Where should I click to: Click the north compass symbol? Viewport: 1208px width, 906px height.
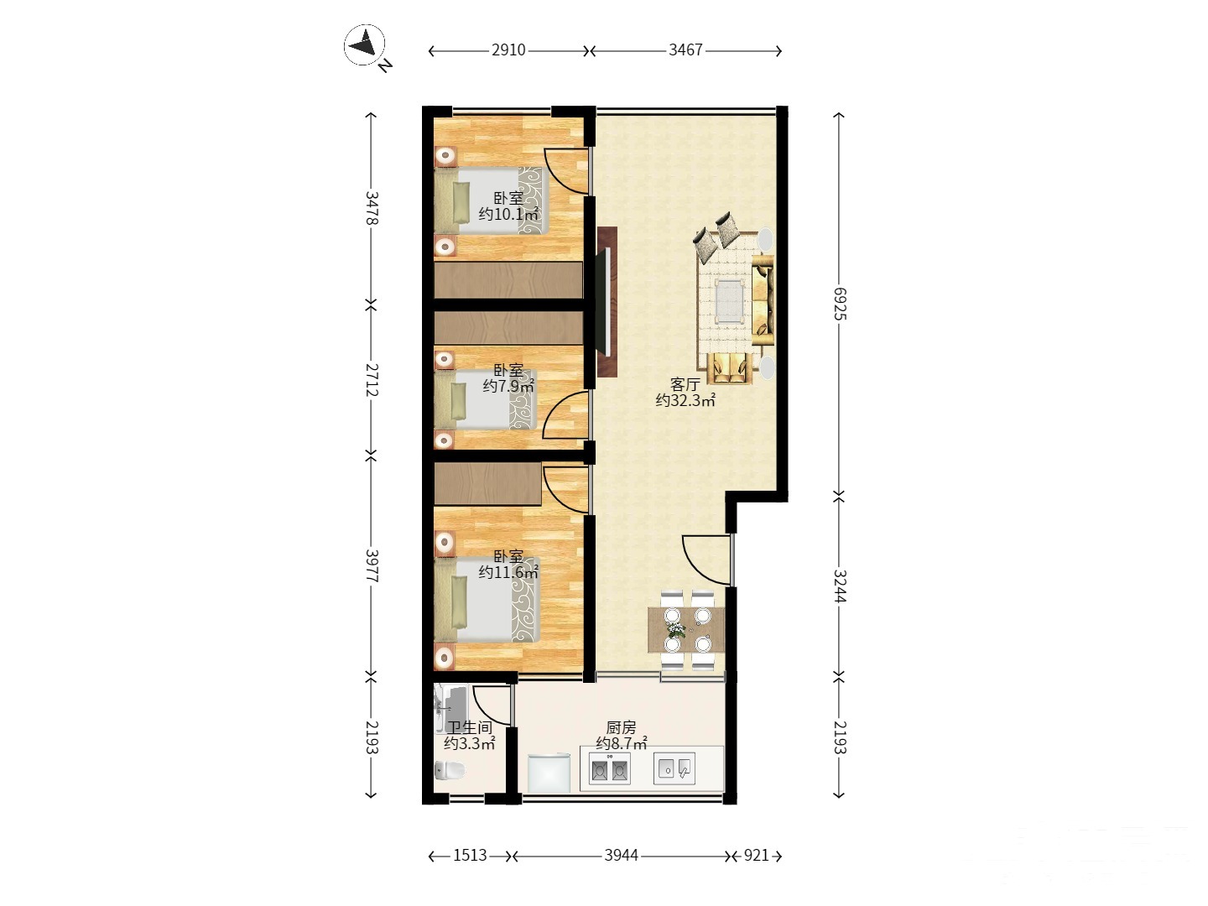coord(364,45)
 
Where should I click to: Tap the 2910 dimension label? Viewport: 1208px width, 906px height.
coord(508,50)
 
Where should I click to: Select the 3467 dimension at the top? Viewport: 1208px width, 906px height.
coord(685,50)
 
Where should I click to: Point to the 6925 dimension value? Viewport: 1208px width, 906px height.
coord(839,304)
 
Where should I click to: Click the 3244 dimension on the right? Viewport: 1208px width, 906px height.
coord(839,586)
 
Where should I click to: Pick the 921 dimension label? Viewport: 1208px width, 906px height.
coord(756,856)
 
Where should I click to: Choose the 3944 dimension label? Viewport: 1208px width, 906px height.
coord(622,856)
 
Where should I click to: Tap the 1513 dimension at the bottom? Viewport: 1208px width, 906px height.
coord(470,856)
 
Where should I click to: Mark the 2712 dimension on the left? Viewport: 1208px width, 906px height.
coord(372,380)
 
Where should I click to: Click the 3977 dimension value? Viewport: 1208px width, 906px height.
coord(372,566)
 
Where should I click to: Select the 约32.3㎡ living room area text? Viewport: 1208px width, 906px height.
coord(685,400)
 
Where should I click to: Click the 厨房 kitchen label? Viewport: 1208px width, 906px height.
coord(622,728)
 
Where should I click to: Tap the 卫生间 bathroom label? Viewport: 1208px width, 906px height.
coord(470,728)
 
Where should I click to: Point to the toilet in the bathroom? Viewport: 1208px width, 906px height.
coord(450,770)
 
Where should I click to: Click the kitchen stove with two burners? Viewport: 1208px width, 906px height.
coord(609,768)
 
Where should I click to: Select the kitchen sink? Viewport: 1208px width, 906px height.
coord(674,768)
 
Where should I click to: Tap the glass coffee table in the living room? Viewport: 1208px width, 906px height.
coord(730,301)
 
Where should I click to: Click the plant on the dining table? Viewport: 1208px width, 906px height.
coord(676,630)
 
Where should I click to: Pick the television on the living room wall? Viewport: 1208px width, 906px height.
coord(607,302)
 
